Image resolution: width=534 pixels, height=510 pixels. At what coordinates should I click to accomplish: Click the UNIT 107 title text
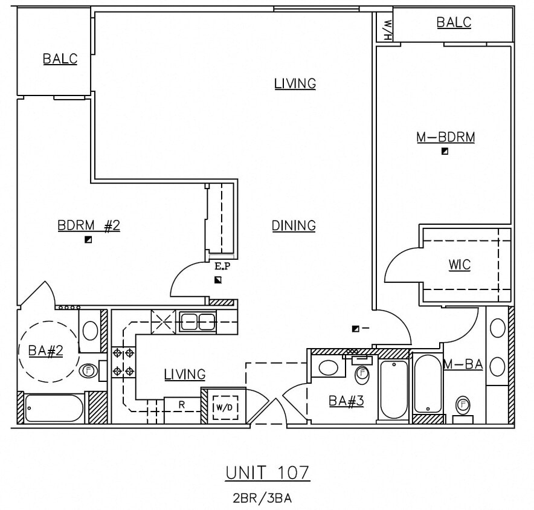(268, 472)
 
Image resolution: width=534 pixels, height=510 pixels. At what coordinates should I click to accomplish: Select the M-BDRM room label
(445, 137)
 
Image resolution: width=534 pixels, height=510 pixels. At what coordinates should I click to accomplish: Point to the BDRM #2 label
(89, 225)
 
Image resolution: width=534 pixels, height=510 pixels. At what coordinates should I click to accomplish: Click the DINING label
(294, 225)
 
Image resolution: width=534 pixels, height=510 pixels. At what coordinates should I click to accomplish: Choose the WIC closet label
(459, 265)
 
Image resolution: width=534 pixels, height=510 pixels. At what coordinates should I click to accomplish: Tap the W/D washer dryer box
(225, 407)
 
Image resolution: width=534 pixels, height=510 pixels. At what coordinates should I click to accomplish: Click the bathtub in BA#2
(54, 408)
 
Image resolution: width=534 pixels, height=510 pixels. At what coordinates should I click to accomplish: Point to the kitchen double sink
(198, 321)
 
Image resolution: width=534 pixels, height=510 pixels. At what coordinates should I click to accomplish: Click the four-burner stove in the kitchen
(123, 362)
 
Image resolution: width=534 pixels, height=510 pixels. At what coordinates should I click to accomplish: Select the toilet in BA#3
(362, 375)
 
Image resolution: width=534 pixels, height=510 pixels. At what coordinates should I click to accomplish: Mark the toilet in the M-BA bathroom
(463, 404)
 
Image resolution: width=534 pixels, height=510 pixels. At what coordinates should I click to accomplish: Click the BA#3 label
(346, 400)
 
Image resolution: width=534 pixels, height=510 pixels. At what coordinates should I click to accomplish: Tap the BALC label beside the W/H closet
(454, 22)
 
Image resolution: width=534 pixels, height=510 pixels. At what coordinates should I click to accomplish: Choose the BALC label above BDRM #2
(60, 59)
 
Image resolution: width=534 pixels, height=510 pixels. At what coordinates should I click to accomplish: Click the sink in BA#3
(328, 367)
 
